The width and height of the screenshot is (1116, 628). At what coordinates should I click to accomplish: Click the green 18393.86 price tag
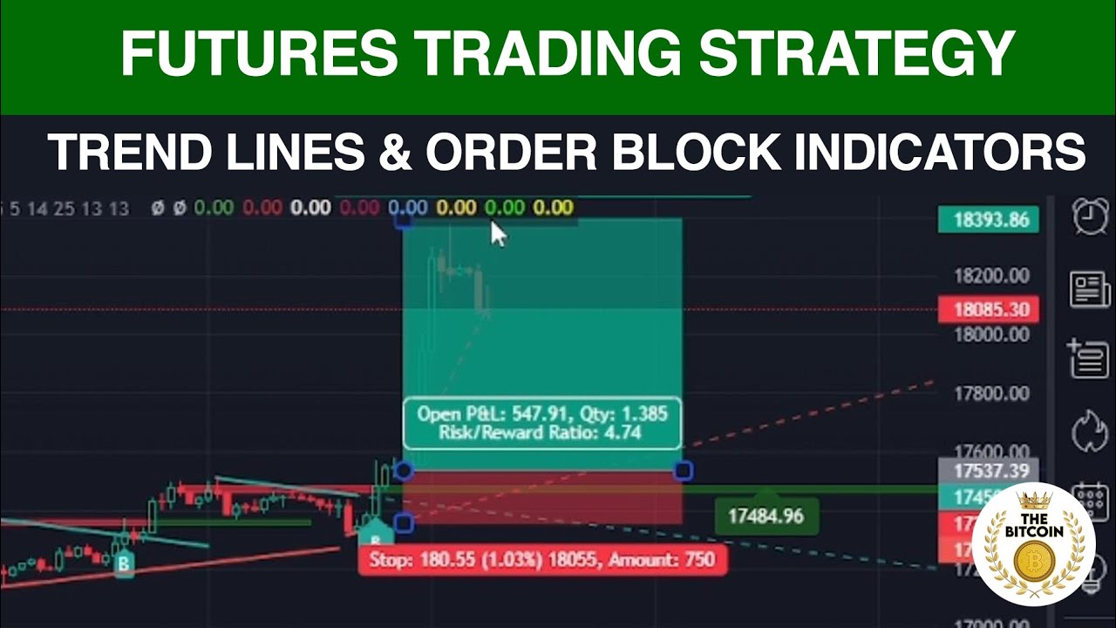point(989,219)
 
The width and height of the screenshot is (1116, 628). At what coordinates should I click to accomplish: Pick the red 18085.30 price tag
point(989,310)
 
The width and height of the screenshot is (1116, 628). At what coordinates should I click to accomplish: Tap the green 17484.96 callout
point(765,516)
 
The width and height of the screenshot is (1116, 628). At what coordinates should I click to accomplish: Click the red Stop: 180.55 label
point(541,560)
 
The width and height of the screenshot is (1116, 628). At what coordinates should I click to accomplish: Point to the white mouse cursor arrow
point(498,234)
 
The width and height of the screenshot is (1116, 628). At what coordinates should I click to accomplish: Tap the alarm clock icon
point(1090,215)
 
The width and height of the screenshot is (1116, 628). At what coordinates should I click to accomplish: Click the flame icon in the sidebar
point(1090,432)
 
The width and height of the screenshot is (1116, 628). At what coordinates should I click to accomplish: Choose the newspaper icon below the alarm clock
point(1090,289)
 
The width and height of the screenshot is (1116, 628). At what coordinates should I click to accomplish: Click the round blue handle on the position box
point(403,471)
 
